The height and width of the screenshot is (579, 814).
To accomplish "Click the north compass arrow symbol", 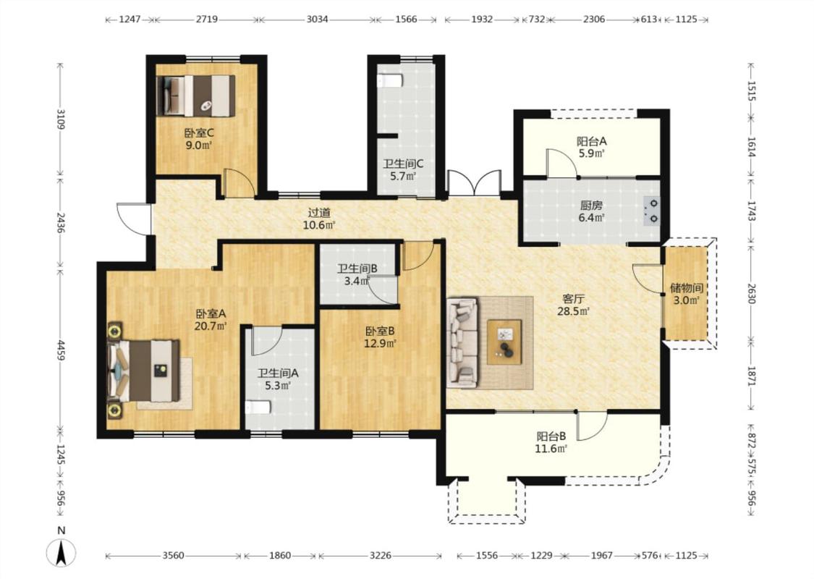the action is coord(62,552).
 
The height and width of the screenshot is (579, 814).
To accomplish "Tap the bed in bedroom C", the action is coord(195,96).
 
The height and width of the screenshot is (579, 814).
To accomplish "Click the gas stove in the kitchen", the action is coord(652,211).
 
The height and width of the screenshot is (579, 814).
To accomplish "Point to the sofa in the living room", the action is coord(462,342).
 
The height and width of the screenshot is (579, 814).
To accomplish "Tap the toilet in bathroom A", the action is coord(258,407).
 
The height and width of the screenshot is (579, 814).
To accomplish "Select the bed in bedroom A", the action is coord(144,371).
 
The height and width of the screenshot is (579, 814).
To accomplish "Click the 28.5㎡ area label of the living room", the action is coord(574,311).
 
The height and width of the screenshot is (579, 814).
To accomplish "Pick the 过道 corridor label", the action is coord(319,213).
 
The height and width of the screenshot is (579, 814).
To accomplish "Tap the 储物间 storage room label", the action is coord(687,287).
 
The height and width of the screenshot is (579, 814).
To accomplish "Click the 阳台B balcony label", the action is coord(551,436).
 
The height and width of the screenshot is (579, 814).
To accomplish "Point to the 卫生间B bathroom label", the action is coord(357,269).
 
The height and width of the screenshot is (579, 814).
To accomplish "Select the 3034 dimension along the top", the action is coord(317,20).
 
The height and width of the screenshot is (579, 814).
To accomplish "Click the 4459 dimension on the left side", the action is coord(61,352).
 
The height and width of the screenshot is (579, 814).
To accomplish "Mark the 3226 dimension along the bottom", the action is coord(381,555).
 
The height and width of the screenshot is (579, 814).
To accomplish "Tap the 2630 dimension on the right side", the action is coord(750,292).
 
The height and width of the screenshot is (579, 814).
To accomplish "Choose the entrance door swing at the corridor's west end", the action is coord(133,219).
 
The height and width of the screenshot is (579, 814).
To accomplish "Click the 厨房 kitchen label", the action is coord(591,205).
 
